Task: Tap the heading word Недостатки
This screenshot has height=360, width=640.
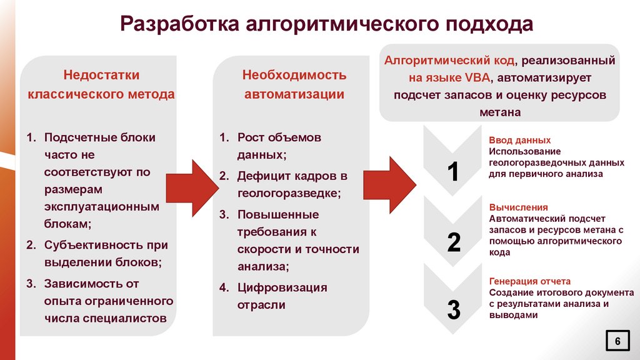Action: [x=101, y=75]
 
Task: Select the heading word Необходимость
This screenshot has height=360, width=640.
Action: [x=294, y=75]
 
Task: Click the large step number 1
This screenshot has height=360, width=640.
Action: [x=454, y=172]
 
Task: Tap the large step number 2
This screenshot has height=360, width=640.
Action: [x=454, y=242]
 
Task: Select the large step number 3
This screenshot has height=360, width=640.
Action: [x=454, y=309]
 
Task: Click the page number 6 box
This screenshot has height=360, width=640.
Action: [x=617, y=341]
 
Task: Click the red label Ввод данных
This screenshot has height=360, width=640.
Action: [x=519, y=141]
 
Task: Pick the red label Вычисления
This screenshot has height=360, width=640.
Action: [x=518, y=207]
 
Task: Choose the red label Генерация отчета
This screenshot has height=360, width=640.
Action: [x=529, y=281]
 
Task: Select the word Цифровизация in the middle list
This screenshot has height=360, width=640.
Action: [x=282, y=287]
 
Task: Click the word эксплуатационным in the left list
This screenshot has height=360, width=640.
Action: [x=101, y=206]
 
